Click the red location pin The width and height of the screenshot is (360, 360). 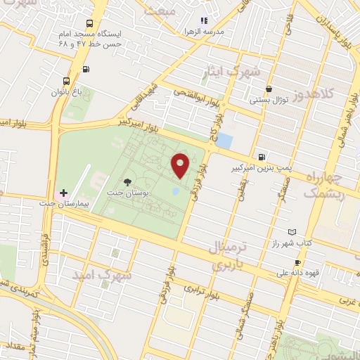tap(181, 165)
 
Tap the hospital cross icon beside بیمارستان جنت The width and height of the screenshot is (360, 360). tap(63, 192)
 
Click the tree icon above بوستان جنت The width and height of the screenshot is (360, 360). tap(127, 182)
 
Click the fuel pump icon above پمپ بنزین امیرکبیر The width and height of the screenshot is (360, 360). tap(262, 157)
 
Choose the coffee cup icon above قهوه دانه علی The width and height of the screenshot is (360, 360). tap(297, 262)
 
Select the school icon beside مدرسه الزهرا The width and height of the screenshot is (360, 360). tap(203, 21)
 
